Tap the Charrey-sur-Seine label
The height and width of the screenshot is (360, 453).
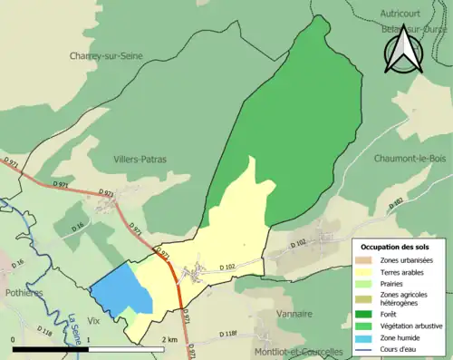[x=108, y=55]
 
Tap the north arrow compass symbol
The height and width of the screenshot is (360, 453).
[x=401, y=47]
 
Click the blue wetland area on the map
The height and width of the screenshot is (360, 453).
[x=120, y=292]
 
